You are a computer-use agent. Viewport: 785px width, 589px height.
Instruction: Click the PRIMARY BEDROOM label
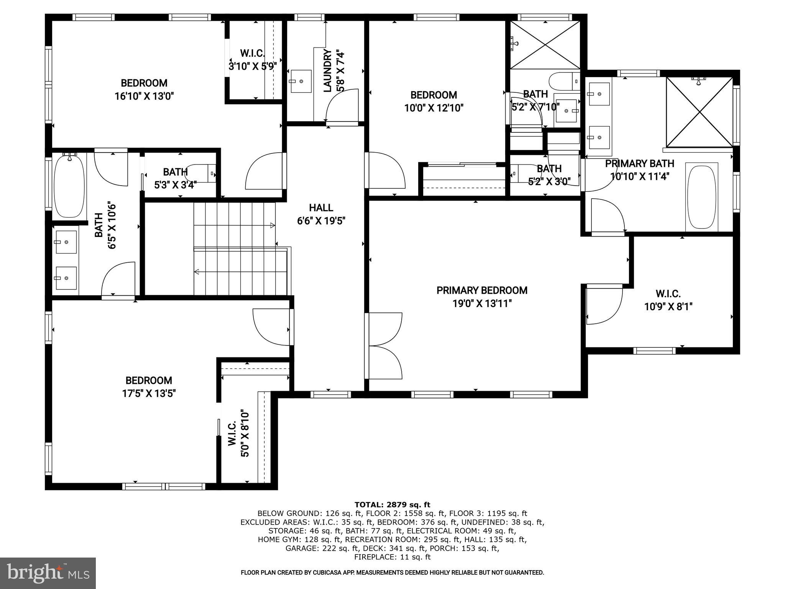[x=482, y=290]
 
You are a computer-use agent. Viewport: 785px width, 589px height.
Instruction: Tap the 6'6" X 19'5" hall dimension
[x=321, y=221]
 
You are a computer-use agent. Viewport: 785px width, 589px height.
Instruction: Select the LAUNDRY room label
[x=328, y=71]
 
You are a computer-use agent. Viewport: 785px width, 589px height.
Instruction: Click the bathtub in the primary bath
[x=702, y=197]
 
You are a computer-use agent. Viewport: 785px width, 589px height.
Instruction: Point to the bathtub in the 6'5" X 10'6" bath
[x=69, y=186]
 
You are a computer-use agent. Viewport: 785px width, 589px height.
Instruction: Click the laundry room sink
[x=301, y=81]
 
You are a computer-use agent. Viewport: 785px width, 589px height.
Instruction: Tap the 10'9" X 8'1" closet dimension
[x=668, y=307]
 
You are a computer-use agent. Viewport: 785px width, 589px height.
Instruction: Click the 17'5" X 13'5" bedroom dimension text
[x=148, y=393]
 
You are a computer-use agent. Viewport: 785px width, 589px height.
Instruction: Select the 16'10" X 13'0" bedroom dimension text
[x=144, y=96]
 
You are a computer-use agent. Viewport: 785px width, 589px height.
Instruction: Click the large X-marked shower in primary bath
[x=700, y=112]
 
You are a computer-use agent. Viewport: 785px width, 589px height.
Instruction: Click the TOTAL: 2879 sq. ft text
[x=392, y=505]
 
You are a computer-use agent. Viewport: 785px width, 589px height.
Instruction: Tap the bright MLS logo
[x=48, y=573]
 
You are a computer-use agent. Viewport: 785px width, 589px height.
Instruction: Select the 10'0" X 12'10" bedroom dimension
[x=434, y=108]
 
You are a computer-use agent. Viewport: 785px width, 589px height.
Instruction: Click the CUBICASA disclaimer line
[x=392, y=573]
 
